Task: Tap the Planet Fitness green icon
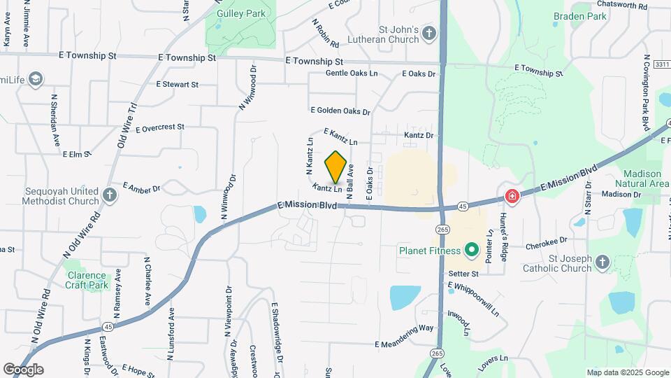(x=471, y=250)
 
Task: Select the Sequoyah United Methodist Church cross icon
(x=110, y=195)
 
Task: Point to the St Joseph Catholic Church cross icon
(x=603, y=262)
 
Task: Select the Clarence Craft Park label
(x=86, y=280)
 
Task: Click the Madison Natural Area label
(x=642, y=178)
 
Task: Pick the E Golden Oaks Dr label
(x=340, y=111)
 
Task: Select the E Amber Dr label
(x=142, y=187)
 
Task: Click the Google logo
(x=22, y=370)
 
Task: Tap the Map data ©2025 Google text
(x=627, y=372)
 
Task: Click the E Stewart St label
(x=178, y=85)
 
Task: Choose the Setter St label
(x=463, y=274)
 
